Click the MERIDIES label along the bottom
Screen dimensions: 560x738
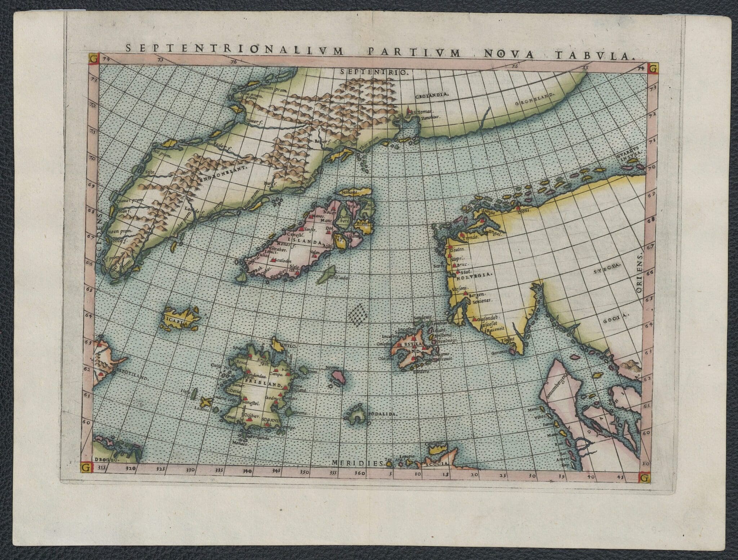[x=357, y=463]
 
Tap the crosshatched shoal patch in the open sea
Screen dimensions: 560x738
[x=358, y=315]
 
